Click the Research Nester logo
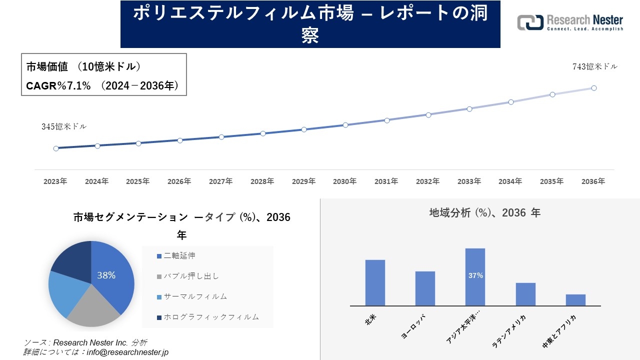[570, 22]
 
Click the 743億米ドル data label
[594, 66]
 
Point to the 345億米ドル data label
[64, 127]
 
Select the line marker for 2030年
[345, 125]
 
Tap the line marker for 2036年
[594, 88]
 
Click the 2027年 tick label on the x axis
[220, 181]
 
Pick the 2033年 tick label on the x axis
[469, 181]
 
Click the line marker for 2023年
[56, 148]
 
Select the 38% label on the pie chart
[106, 275]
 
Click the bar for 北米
[375, 282]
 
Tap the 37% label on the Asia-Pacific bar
[475, 275]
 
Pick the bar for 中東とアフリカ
[575, 300]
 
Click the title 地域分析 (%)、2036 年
[484, 213]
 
